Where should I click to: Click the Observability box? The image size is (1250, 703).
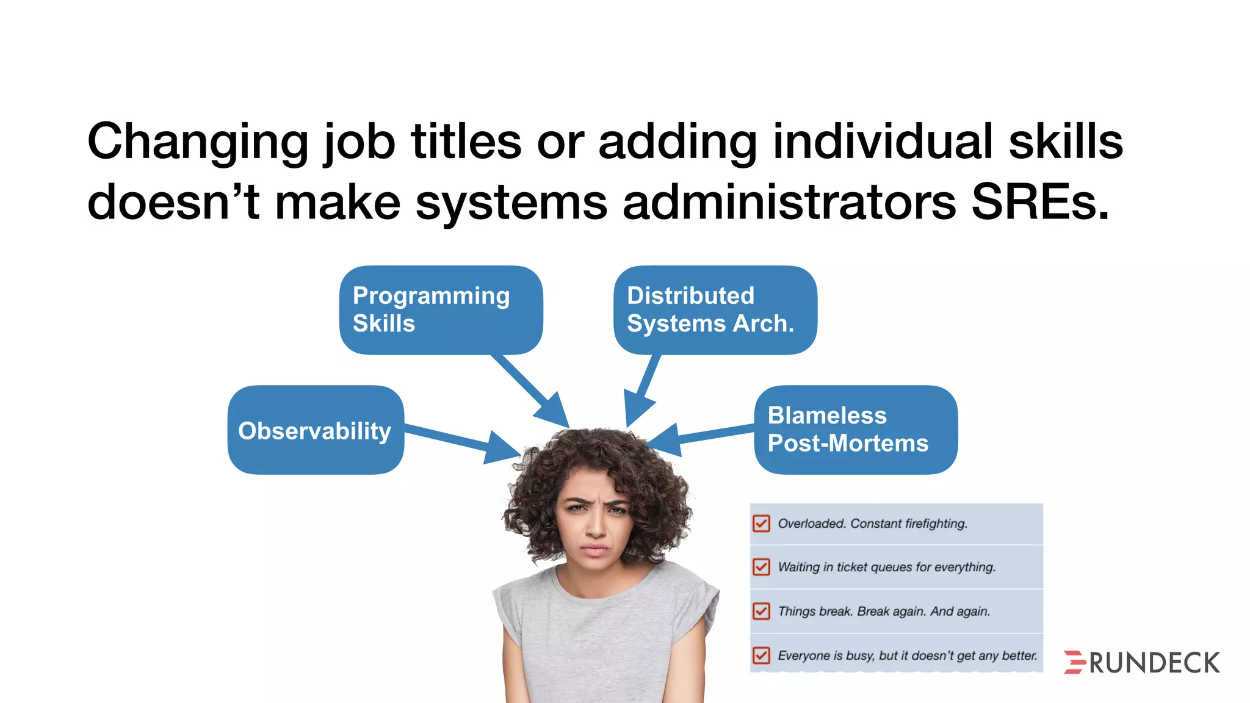point(316,430)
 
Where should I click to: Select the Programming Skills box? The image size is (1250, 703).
point(441,309)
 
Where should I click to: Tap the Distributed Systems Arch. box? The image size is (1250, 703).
point(715,309)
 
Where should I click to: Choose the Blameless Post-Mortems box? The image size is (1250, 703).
point(855,429)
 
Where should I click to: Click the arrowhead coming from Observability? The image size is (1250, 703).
point(504,448)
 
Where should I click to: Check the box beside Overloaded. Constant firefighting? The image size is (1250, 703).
point(761,524)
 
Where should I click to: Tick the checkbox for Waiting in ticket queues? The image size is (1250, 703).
point(761,567)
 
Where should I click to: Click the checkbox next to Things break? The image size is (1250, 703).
point(761,611)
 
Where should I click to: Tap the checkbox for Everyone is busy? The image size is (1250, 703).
point(761,655)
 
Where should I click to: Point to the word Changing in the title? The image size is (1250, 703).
point(198,142)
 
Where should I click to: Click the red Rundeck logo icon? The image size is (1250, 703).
point(1074,662)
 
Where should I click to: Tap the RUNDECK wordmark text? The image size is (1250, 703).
point(1154,663)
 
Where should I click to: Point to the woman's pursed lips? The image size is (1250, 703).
point(594,549)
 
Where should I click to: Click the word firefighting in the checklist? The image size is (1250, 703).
point(936,524)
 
